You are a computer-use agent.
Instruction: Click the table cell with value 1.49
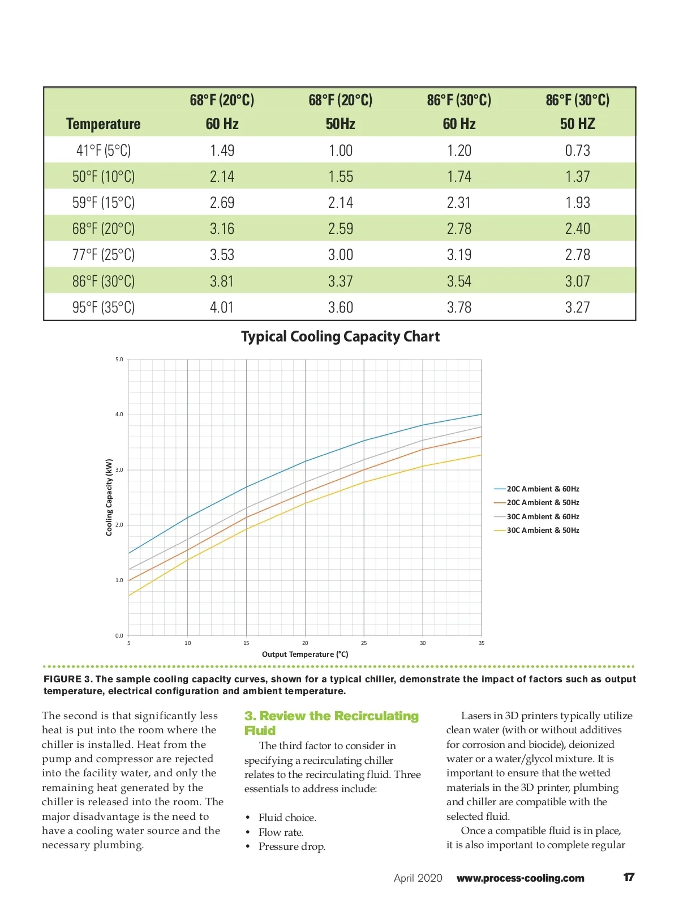tap(222, 150)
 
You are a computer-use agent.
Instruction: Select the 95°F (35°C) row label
tap(104, 307)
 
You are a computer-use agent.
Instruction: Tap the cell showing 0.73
tap(577, 150)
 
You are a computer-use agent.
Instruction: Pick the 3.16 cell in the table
tap(222, 229)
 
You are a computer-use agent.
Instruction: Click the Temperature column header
tap(104, 123)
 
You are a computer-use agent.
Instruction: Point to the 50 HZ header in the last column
tap(577, 123)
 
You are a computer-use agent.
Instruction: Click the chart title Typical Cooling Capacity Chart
tap(340, 336)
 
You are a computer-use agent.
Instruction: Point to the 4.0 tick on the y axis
tap(119, 414)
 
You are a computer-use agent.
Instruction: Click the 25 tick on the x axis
tap(364, 643)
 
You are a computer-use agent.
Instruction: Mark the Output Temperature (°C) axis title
tap(305, 654)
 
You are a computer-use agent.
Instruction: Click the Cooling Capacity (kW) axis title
tap(109, 497)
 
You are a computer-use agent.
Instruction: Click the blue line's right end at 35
tap(482, 414)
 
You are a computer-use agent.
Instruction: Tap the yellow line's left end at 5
tap(129, 595)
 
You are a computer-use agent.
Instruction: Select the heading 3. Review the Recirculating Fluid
tap(331, 723)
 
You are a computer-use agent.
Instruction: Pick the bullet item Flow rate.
tap(281, 832)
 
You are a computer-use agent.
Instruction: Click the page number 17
tap(629, 877)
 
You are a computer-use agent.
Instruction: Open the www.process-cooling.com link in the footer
tap(520, 878)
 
